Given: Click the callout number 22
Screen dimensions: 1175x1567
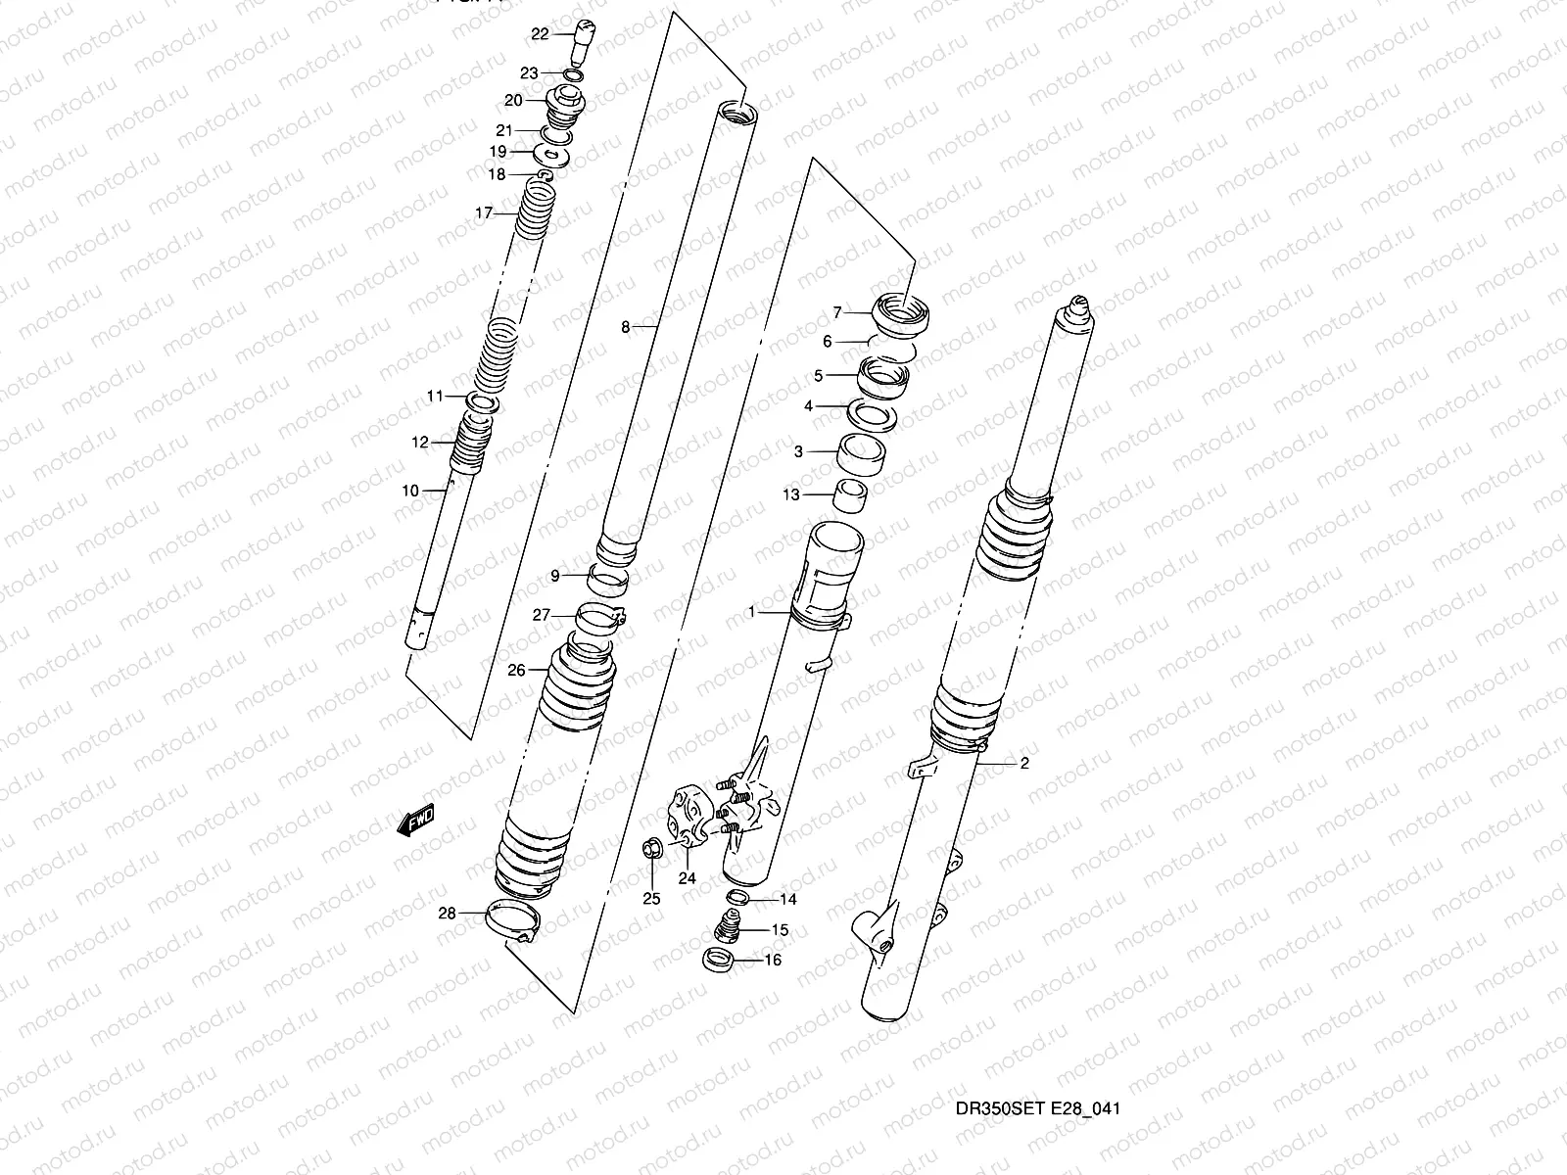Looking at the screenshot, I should [x=540, y=34].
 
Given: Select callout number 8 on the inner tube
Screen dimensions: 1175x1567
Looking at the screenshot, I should [x=626, y=328].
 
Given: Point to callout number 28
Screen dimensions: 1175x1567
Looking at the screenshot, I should [x=447, y=914].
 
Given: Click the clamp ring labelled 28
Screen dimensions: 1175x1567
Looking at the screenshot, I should [x=513, y=920].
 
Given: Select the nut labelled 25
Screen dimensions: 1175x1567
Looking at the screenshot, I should [x=648, y=849].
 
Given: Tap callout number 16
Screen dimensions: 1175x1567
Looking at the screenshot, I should [x=772, y=961].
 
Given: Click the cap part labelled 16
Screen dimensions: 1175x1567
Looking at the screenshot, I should [x=721, y=961].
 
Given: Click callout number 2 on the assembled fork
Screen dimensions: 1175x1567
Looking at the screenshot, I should [x=1024, y=765].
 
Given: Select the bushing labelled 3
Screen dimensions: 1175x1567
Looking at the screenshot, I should [x=862, y=454].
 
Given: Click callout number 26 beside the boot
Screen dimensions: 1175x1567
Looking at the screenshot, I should [x=516, y=670].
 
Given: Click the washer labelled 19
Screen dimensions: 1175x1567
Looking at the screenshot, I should [x=554, y=154].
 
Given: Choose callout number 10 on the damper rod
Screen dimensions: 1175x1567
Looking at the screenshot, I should [x=409, y=491].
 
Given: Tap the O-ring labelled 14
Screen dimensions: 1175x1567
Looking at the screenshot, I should [x=739, y=898].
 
